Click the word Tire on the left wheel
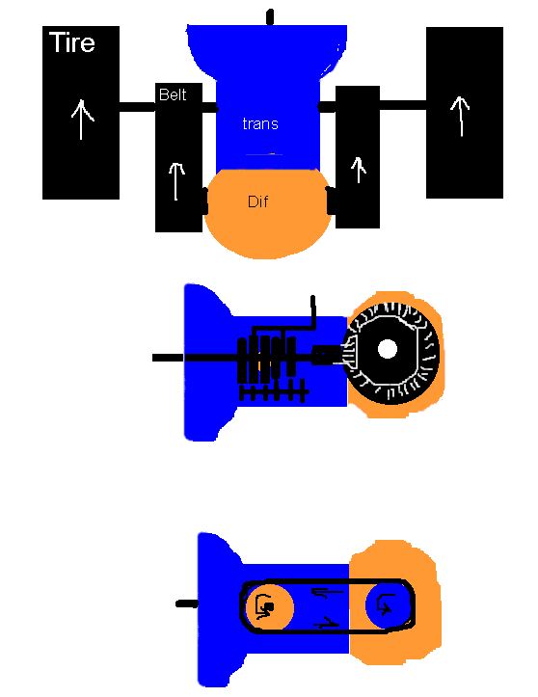(72, 42)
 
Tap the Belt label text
(173, 94)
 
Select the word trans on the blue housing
(260, 123)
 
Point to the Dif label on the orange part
(257, 201)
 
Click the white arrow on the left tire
(81, 120)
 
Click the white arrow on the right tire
(461, 116)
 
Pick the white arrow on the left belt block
(176, 181)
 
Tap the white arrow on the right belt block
(359, 170)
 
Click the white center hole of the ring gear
(388, 349)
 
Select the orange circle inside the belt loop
(269, 606)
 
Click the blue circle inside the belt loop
(388, 605)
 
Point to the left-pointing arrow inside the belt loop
(327, 592)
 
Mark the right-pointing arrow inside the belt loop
(327, 623)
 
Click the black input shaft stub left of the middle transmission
(168, 358)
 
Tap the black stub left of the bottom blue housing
(187, 603)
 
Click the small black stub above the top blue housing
(270, 17)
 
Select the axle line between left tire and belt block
(137, 107)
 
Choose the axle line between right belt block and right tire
(403, 105)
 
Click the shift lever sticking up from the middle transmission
(313, 311)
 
